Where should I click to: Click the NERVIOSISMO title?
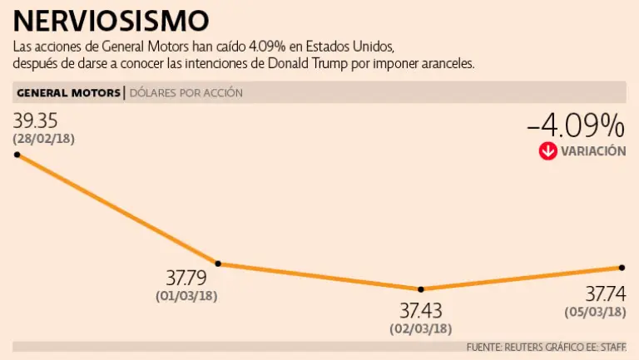pos(111,20)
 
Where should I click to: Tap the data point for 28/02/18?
pos(17,154)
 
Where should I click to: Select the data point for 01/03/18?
pos(218,264)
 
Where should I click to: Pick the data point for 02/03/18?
pos(421,289)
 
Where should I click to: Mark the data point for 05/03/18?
pos(622,267)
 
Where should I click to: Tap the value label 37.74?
pos(606,293)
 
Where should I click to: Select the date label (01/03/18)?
pos(186,295)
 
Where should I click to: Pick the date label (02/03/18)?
pos(421,328)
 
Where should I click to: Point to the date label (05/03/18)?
pos(595,312)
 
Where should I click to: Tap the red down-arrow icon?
pos(547,151)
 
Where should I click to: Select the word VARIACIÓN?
pos(592,151)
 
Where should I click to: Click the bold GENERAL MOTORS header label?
pos(68,93)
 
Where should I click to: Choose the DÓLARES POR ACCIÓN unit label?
pos(186,93)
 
